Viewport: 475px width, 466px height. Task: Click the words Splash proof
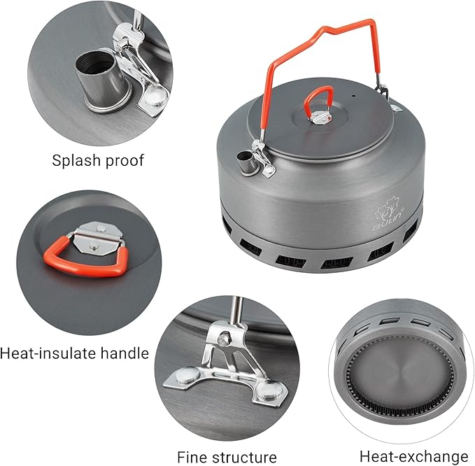click(98, 160)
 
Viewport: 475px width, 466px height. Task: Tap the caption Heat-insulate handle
click(75, 353)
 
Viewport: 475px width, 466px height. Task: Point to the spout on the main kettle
click(246, 164)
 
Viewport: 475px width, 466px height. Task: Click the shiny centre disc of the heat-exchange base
click(402, 371)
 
